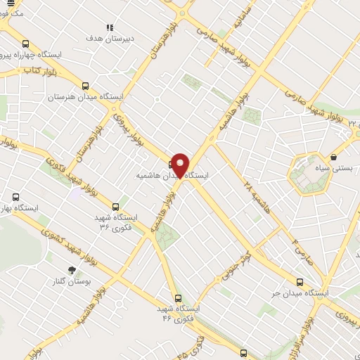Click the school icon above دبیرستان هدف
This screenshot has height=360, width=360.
click(110, 27)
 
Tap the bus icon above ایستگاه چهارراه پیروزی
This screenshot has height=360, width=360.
click(26, 43)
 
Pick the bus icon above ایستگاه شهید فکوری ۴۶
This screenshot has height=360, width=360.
click(178, 297)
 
